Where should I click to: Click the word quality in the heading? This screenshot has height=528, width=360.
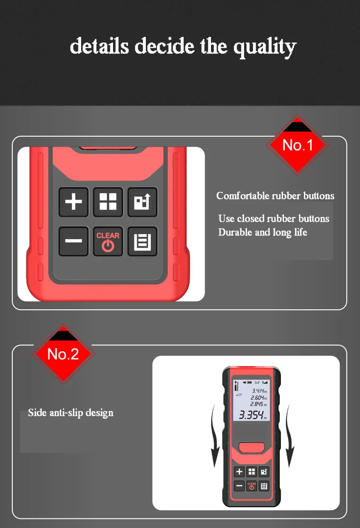tap(265, 46)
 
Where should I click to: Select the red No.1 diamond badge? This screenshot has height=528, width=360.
tap(298, 145)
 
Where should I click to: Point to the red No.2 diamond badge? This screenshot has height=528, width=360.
tap(63, 354)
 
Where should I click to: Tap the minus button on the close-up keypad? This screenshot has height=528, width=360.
tap(73, 241)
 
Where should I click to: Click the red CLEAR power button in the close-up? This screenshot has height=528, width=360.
tap(108, 241)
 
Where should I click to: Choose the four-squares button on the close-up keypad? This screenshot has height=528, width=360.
tap(108, 202)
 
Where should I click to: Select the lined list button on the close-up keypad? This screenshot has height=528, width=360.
tap(142, 241)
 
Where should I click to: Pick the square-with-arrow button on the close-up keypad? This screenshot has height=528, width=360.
tap(142, 202)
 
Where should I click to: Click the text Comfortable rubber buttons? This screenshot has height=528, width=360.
tap(275, 196)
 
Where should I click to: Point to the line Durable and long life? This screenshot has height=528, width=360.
tap(262, 232)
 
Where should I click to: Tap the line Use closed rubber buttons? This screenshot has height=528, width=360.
tap(273, 219)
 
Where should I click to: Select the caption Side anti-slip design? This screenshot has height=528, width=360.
tap(71, 413)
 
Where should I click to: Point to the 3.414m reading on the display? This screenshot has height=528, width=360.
tap(258, 391)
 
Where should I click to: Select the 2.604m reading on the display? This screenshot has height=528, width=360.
tap(258, 398)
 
